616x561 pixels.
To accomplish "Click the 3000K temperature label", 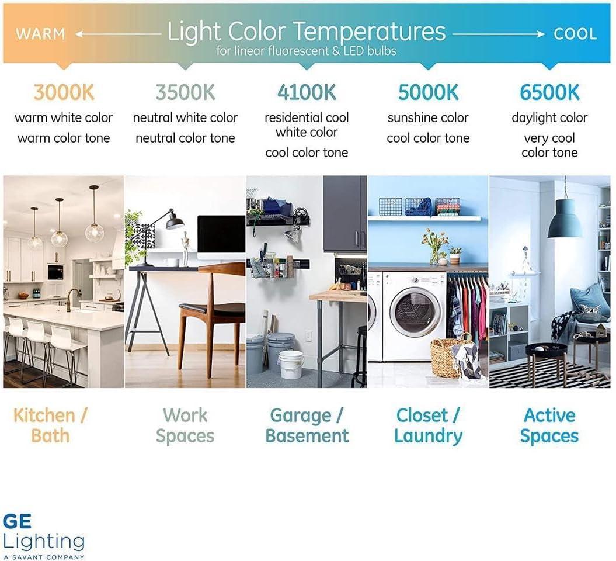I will pos(64,92).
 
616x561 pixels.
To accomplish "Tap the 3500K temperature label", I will pos(185,92).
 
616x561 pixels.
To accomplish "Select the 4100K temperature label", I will pos(307,92).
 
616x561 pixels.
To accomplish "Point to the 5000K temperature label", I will pos(428,92).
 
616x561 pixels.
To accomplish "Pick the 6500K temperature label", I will pos(549,92).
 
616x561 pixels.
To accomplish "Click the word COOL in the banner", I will pos(575,34).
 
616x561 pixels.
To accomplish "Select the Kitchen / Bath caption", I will pos(50,425).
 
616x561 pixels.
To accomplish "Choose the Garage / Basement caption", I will pos(307,425).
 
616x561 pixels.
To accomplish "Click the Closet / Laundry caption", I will pos(428,425).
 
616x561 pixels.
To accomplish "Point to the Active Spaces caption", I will pos(549,425).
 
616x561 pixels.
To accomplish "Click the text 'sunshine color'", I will pos(428,118).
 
